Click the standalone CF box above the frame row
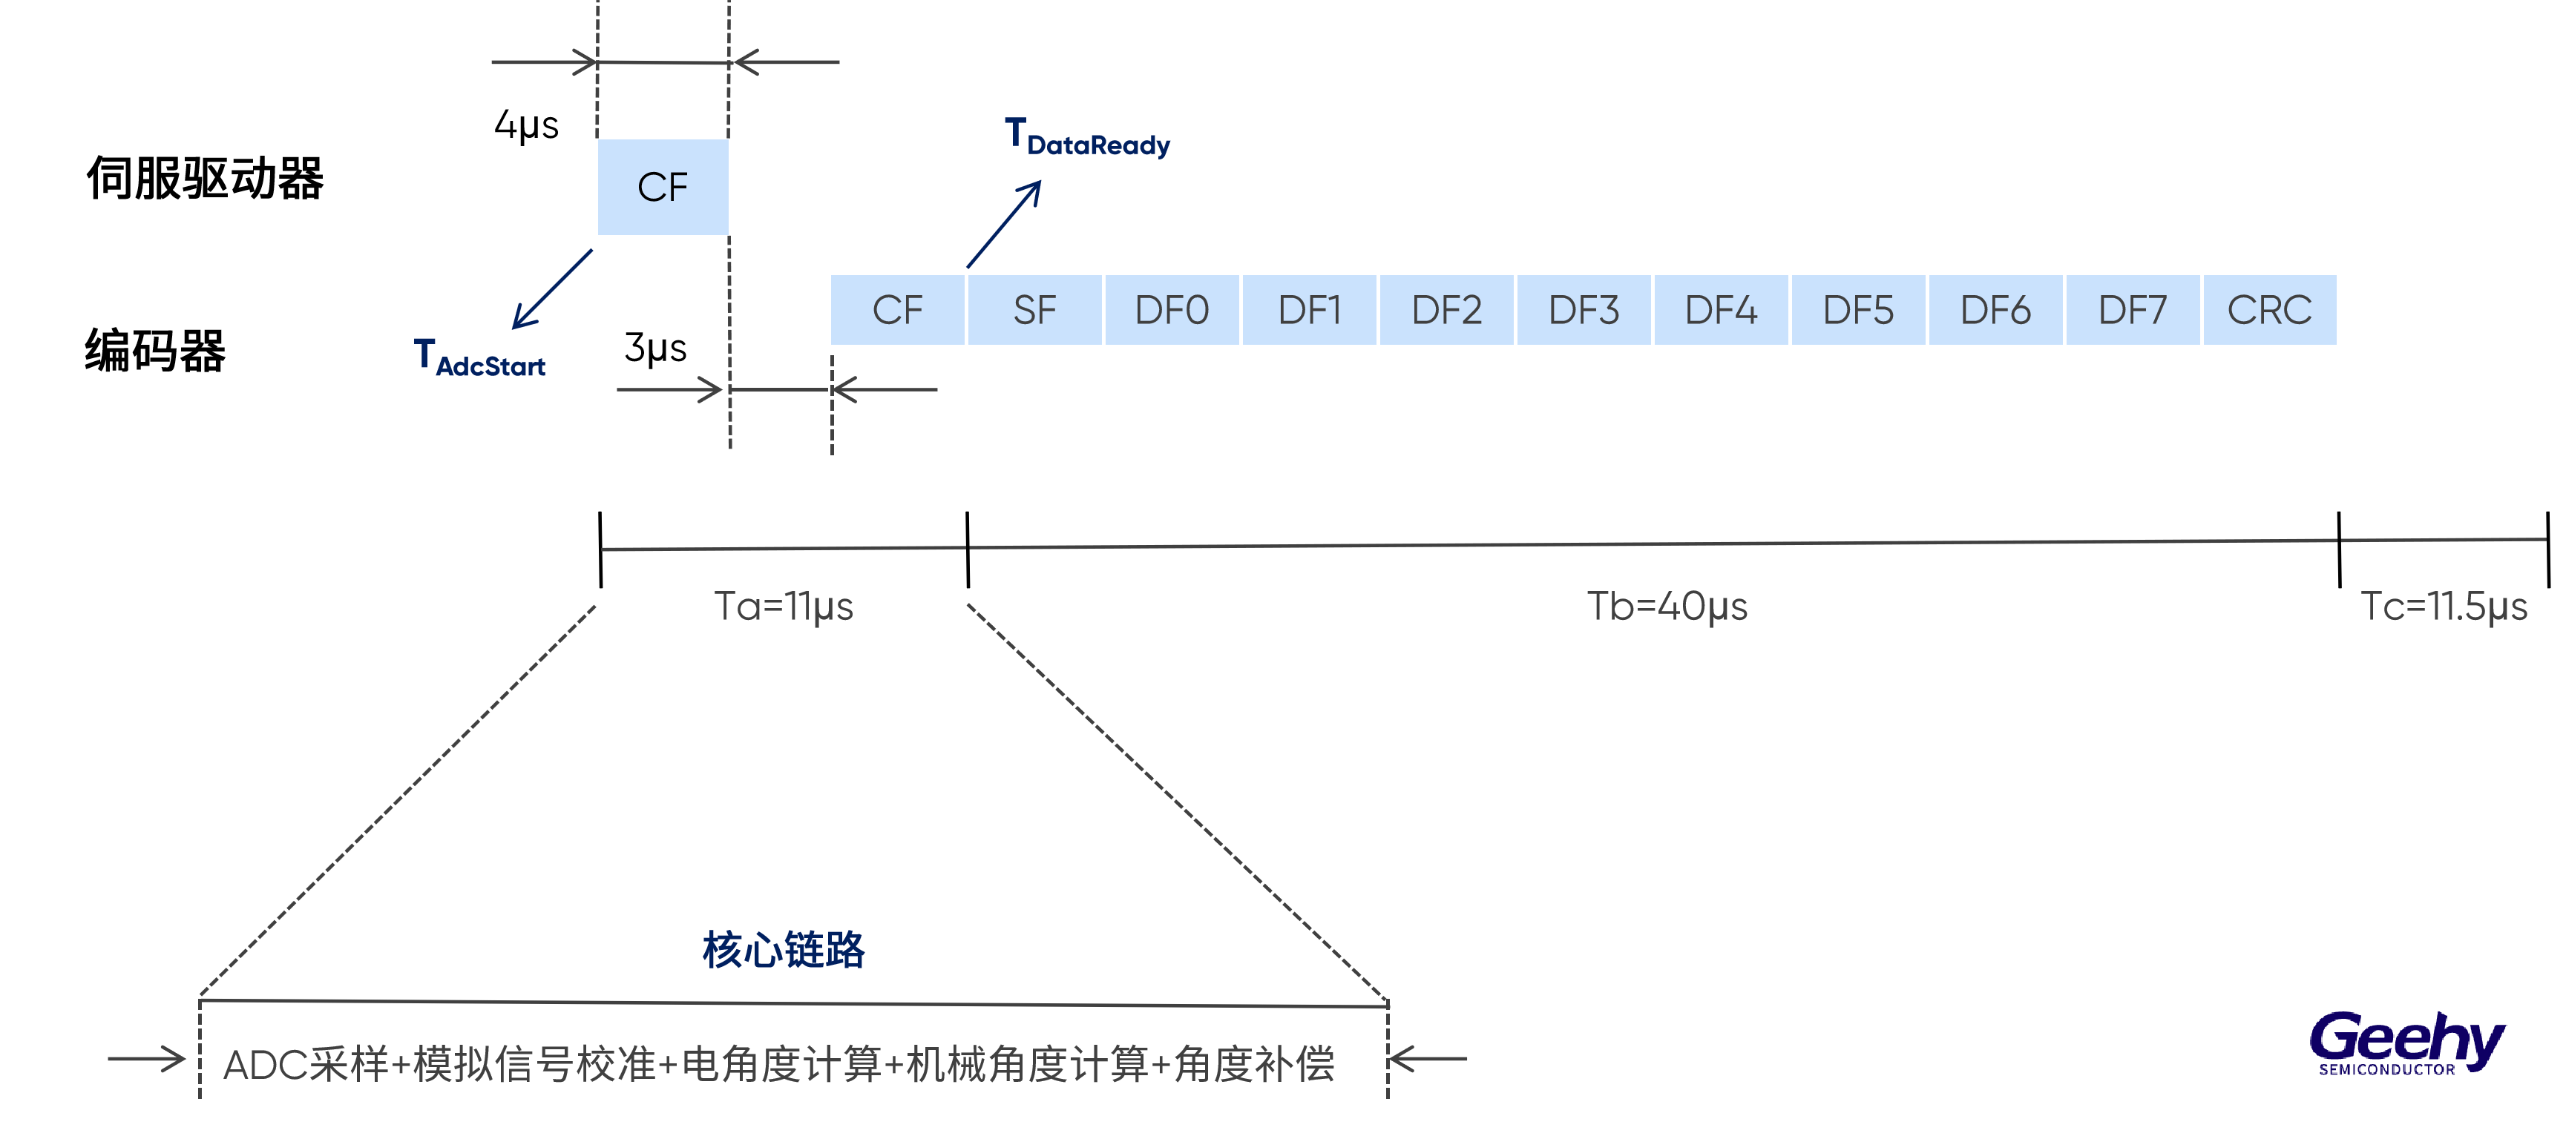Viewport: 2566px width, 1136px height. (x=663, y=187)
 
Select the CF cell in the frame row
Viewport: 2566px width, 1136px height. (x=896, y=311)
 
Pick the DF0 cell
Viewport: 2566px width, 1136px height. (x=1172, y=311)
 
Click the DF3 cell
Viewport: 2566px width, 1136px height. (x=1584, y=311)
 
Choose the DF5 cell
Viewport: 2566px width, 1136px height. (x=1858, y=311)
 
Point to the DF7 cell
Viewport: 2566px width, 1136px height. (x=2133, y=311)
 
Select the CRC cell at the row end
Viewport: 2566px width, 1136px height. (x=2269, y=311)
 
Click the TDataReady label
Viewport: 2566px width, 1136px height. (x=1088, y=139)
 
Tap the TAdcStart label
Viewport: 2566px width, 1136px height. (x=480, y=360)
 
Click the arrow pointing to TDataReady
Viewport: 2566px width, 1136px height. (x=1004, y=224)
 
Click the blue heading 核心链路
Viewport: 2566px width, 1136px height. (x=783, y=950)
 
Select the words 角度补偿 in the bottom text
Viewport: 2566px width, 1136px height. (x=1254, y=1064)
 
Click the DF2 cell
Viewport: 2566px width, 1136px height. (x=1446, y=311)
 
